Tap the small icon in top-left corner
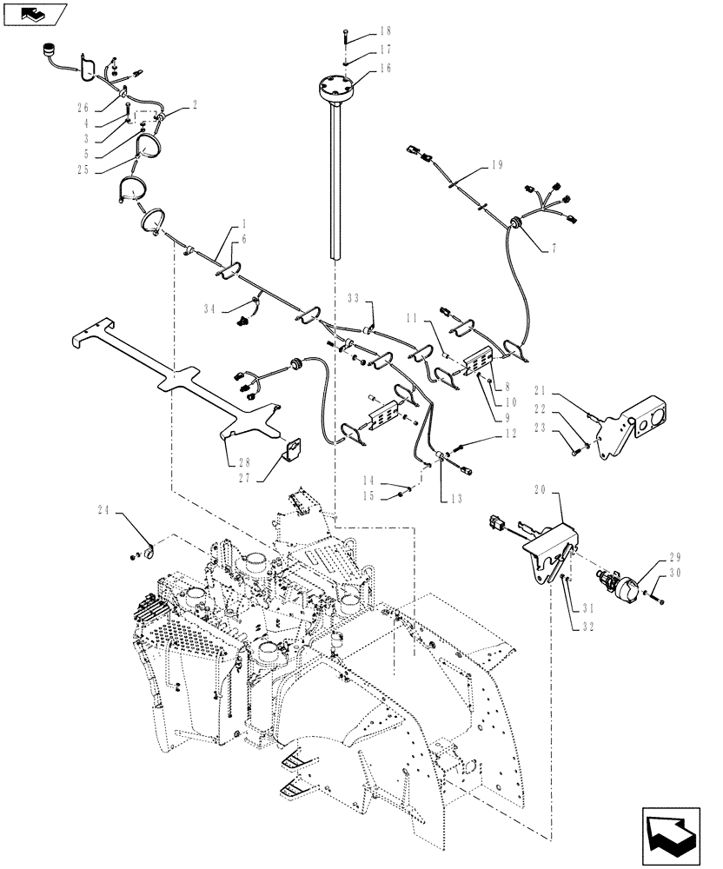(35, 12)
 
